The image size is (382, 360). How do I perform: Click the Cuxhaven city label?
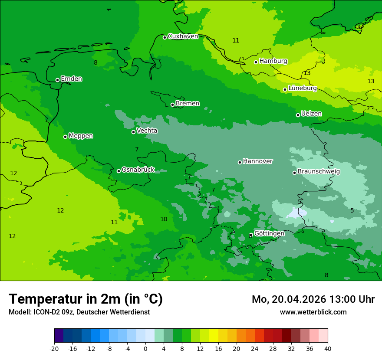point(183,36)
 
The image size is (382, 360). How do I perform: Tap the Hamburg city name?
point(273,61)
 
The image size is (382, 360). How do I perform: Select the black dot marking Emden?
point(57,80)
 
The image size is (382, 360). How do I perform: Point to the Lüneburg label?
point(302,88)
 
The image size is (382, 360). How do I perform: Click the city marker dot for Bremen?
point(172,105)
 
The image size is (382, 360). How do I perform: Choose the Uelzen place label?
point(311,114)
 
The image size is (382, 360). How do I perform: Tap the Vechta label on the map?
point(147,131)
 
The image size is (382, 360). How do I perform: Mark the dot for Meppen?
point(65,137)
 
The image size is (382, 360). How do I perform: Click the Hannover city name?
point(257,161)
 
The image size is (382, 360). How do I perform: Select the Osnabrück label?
point(138,170)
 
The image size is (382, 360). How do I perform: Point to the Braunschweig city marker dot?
point(294,173)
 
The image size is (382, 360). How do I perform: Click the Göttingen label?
point(269,233)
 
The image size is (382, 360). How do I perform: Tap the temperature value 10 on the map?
point(164,219)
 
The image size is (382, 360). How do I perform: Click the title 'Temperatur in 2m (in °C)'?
point(86,299)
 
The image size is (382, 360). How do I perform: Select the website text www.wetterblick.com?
point(313,312)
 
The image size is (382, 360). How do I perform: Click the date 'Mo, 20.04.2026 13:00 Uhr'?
point(313,299)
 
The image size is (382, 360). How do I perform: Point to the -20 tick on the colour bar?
point(54,349)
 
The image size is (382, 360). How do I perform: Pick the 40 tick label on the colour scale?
point(328,349)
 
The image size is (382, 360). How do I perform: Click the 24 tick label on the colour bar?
point(255,349)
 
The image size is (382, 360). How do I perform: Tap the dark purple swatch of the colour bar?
point(59,336)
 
